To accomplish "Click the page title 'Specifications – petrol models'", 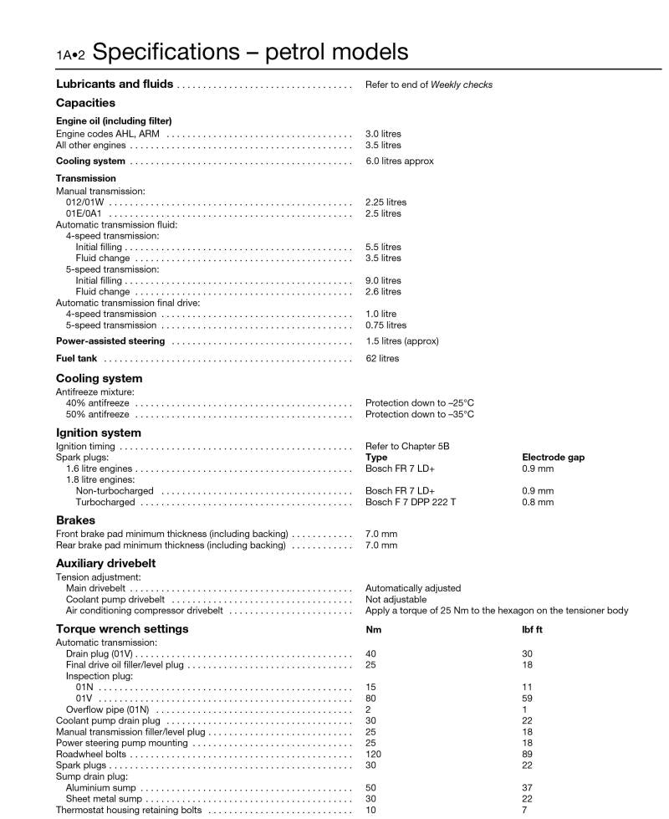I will (x=251, y=52).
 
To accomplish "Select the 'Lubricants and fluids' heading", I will (x=115, y=84).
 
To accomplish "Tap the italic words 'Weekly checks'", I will (x=461, y=85).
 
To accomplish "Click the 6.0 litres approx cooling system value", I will (x=399, y=161).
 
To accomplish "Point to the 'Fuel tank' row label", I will (x=76, y=359).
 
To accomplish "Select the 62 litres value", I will (x=382, y=359).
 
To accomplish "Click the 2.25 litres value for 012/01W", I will (x=386, y=202).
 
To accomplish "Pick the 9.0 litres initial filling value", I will (x=383, y=281).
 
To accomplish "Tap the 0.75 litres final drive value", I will (x=386, y=325).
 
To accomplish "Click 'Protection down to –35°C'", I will (x=419, y=414).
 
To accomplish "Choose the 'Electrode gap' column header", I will (x=553, y=458).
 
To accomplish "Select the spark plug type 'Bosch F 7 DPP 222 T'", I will (x=411, y=502).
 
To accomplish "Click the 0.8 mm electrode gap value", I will (x=538, y=502).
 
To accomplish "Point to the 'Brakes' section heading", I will (x=75, y=520).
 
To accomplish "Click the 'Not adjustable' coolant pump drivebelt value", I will (x=396, y=600).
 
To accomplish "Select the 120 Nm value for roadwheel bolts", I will (x=374, y=754).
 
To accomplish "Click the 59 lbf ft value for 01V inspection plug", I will (x=527, y=698).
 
